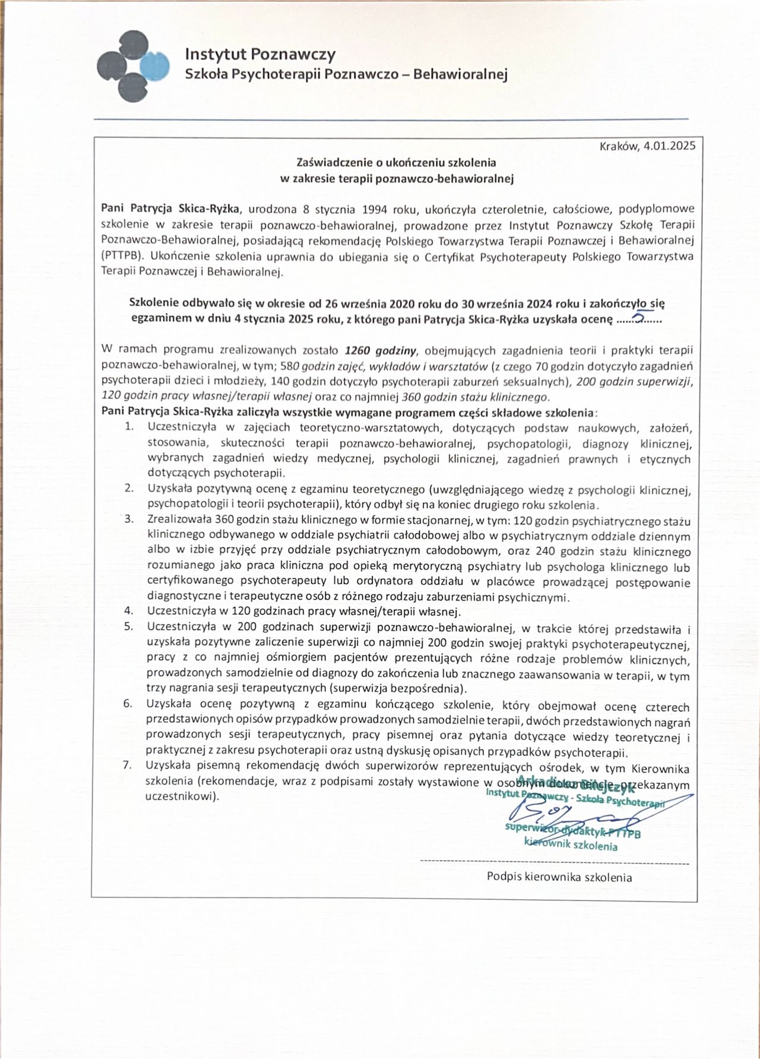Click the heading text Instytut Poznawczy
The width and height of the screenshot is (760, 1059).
[x=260, y=55]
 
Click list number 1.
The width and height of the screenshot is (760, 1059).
[x=129, y=426]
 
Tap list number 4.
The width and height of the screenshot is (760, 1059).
[x=128, y=611]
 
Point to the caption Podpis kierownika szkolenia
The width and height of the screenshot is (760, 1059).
[x=559, y=877]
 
